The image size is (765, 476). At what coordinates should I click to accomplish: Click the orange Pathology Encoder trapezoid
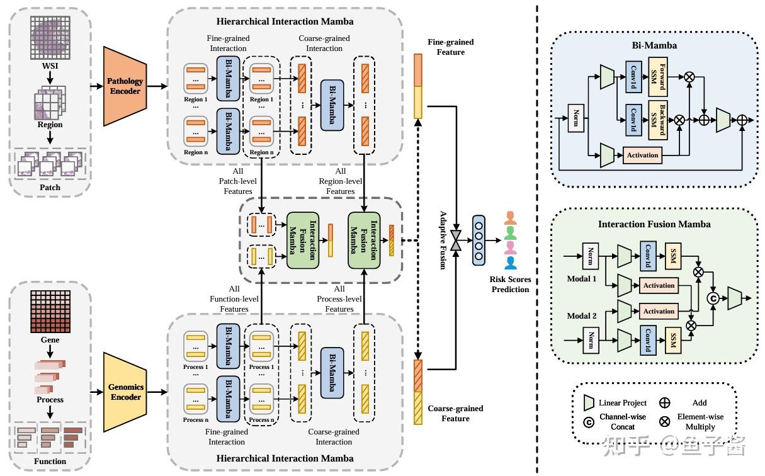tap(125, 86)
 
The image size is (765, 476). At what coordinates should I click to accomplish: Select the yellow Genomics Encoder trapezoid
tap(125, 392)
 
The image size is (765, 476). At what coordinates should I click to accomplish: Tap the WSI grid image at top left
tap(50, 38)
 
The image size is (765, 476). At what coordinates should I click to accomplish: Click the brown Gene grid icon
tap(50, 312)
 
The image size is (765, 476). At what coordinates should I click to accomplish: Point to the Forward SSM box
tap(658, 77)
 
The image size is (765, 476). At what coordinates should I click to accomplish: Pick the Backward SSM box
tap(658, 120)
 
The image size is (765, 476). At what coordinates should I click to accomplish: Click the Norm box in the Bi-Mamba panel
tap(576, 118)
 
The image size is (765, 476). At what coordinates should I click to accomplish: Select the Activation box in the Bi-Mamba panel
tap(642, 156)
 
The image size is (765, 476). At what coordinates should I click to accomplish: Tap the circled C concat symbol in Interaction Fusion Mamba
tap(713, 298)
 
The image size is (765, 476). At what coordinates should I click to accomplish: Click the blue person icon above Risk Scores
tap(510, 263)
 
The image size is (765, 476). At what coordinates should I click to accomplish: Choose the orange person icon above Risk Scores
tap(510, 218)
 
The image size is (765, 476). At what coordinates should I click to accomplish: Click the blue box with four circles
tap(479, 241)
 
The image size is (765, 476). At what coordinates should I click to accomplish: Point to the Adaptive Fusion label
tap(443, 241)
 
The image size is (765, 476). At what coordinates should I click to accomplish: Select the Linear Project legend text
tap(622, 403)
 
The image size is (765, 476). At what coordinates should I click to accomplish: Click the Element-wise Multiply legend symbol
tap(664, 422)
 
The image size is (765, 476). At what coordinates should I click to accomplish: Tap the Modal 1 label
tap(582, 279)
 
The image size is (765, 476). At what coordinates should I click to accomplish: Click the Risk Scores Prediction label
tap(510, 285)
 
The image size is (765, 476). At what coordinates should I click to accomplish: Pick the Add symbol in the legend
tap(664, 403)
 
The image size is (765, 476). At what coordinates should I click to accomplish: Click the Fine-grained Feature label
tap(450, 47)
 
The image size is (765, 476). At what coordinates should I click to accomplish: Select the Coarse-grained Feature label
tap(455, 414)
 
